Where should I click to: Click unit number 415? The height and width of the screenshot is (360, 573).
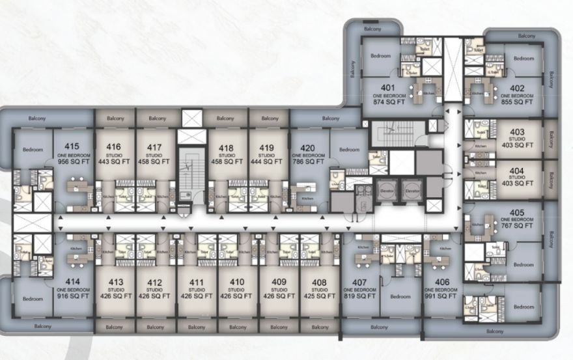click(x=68, y=146)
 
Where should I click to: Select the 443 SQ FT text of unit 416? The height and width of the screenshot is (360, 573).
click(x=114, y=161)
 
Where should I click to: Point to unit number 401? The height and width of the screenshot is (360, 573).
click(x=388, y=89)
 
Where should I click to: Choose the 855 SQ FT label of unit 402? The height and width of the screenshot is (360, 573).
click(x=517, y=102)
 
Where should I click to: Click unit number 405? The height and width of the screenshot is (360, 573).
click(x=517, y=213)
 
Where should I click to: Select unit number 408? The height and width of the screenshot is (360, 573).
click(x=319, y=282)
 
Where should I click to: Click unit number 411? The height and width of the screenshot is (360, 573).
click(x=196, y=282)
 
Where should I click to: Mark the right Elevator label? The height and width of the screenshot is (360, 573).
click(x=411, y=192)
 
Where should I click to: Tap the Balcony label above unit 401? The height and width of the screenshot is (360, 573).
click(x=372, y=29)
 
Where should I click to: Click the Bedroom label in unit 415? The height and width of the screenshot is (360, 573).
click(x=32, y=150)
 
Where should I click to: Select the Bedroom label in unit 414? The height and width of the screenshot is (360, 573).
click(x=32, y=299)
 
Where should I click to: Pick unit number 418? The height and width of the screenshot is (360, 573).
click(x=227, y=146)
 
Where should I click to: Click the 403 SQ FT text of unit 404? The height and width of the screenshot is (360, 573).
click(x=517, y=184)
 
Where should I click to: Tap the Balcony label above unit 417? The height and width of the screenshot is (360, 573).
click(x=157, y=118)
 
